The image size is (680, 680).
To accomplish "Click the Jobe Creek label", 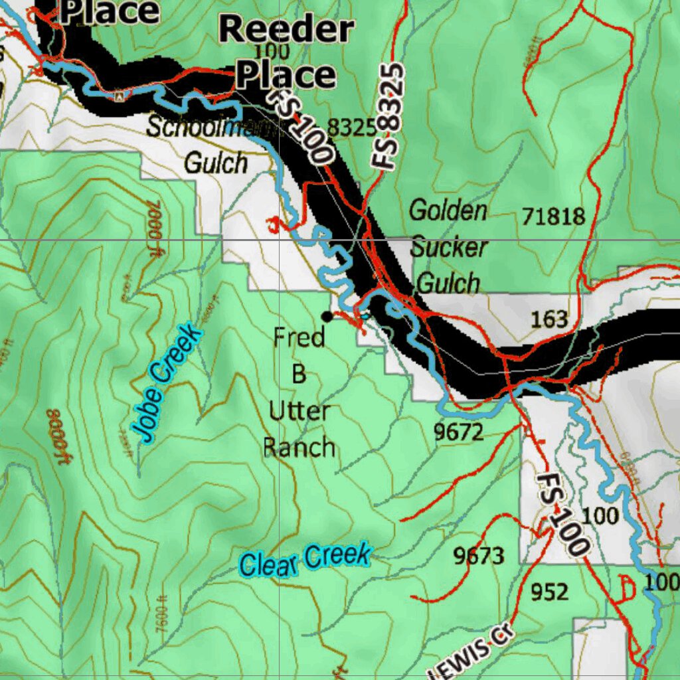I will point(166,383).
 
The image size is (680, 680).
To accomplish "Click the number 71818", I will point(553,216).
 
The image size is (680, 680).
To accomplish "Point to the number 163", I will point(550,319).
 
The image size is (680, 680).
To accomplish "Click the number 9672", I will point(459,432).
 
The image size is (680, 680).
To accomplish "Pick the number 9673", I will point(479,556).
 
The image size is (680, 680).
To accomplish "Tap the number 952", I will point(550,590).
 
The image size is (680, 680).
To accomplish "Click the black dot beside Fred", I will point(327,316).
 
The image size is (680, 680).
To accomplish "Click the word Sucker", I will point(449,248).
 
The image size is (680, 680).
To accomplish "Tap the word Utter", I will point(299,411).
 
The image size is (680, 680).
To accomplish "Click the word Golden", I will point(448,211).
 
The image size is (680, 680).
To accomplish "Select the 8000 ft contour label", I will point(58,438).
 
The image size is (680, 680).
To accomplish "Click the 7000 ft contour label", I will point(153,224).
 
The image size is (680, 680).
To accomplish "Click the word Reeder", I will point(286,30).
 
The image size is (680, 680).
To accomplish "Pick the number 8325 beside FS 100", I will point(352,128).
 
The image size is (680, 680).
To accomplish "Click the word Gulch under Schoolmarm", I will point(215,163).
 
